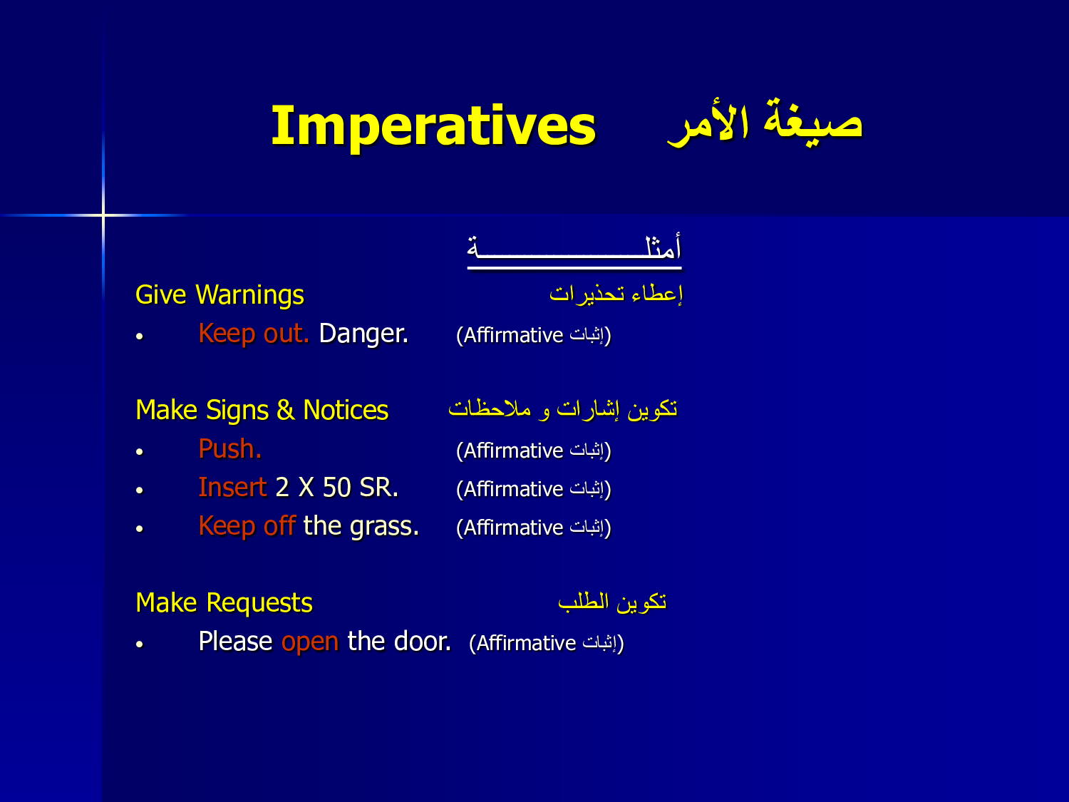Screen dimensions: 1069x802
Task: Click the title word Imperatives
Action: (433, 127)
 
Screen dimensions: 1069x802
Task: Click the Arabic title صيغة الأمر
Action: (765, 123)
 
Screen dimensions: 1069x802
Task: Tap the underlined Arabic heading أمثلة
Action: (574, 251)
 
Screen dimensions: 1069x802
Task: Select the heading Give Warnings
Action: (220, 295)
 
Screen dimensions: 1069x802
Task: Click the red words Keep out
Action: (254, 334)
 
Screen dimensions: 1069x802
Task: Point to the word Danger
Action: (363, 334)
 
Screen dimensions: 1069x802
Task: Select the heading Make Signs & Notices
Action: (262, 411)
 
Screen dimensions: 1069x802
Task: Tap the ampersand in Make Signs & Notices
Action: (286, 410)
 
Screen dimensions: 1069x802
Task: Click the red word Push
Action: (230, 448)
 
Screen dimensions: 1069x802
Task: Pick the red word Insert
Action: (232, 488)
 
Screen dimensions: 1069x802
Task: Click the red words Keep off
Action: (247, 526)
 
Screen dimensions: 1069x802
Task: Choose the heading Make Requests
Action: (224, 603)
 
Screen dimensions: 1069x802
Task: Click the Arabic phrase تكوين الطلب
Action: (612, 602)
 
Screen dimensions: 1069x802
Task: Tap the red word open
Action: (310, 642)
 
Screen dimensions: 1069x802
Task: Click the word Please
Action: (235, 642)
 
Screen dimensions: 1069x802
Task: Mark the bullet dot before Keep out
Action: (140, 336)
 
